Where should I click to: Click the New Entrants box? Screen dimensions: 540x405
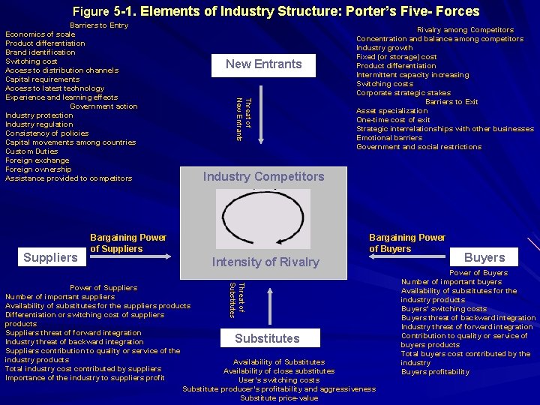[x=263, y=64]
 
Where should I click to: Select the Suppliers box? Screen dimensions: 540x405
[x=50, y=257]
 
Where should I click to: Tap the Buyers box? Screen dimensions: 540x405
[x=484, y=257]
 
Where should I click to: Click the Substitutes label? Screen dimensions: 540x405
[x=267, y=338]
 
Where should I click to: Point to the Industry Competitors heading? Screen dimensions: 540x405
[x=264, y=177]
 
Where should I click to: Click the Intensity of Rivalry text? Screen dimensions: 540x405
[x=265, y=262]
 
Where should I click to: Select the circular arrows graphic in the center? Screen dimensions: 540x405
[x=263, y=218]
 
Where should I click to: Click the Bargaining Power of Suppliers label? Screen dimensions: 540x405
[x=127, y=243]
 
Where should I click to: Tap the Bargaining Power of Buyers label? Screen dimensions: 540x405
[x=406, y=243]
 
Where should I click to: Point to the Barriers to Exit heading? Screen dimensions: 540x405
[x=451, y=102]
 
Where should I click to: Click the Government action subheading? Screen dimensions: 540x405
[x=103, y=106]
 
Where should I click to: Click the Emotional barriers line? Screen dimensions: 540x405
[x=389, y=138]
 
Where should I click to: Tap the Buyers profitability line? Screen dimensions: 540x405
[x=435, y=372]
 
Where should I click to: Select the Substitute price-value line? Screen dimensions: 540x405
[x=279, y=398]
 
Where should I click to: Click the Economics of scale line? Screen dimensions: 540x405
[x=40, y=34]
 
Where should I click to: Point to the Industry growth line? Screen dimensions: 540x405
[x=385, y=48]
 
